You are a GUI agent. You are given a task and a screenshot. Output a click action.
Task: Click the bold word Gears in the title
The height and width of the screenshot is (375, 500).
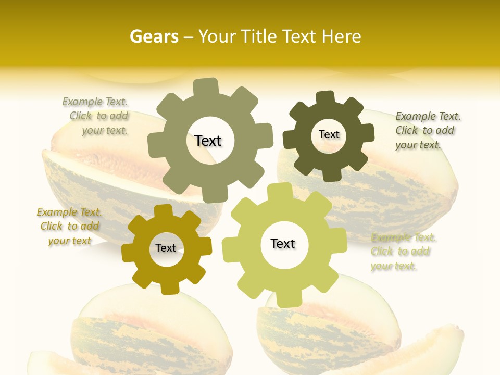coord(154,36)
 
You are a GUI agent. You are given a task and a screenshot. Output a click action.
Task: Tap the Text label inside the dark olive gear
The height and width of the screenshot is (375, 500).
coord(329,134)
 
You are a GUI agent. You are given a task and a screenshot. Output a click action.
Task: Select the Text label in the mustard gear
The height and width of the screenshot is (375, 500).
coord(166,248)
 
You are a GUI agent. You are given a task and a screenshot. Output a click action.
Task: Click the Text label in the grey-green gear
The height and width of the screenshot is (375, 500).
coord(208,141)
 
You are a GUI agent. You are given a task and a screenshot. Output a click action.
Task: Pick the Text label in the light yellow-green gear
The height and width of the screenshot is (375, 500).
coord(283,243)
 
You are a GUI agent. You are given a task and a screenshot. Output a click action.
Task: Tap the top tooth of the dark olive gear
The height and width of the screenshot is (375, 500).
coord(326,97)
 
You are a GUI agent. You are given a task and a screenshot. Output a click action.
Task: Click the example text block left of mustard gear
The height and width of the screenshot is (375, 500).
coord(69,227)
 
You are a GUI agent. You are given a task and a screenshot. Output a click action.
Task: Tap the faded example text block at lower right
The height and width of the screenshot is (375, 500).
coord(402,252)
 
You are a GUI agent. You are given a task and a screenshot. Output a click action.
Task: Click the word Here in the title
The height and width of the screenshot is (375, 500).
coord(341,36)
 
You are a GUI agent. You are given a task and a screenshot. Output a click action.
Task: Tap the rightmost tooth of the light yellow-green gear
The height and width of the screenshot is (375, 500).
coord(338,239)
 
